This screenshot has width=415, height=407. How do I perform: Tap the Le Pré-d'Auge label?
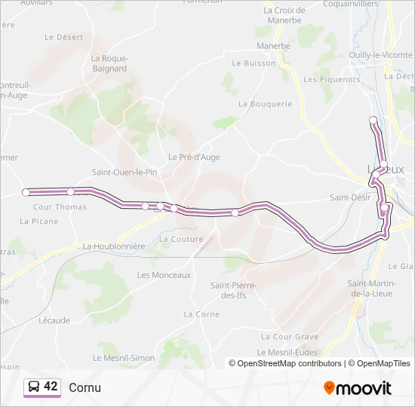(194, 157)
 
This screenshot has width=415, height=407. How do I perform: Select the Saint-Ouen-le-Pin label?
(124, 172)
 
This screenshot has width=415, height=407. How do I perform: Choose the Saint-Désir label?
(349, 197)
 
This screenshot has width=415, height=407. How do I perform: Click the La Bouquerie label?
(265, 104)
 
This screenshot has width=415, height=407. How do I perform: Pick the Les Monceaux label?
(164, 275)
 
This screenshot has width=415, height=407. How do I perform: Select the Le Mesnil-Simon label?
(124, 357)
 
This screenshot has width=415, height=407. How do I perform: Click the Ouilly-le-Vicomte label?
(380, 54)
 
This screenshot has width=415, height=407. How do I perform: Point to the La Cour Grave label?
(290, 337)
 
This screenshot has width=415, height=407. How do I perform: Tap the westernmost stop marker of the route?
(26, 192)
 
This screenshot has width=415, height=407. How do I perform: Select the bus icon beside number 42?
(33, 387)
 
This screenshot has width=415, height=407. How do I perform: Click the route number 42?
(51, 387)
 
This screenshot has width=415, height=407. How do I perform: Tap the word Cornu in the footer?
(85, 387)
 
